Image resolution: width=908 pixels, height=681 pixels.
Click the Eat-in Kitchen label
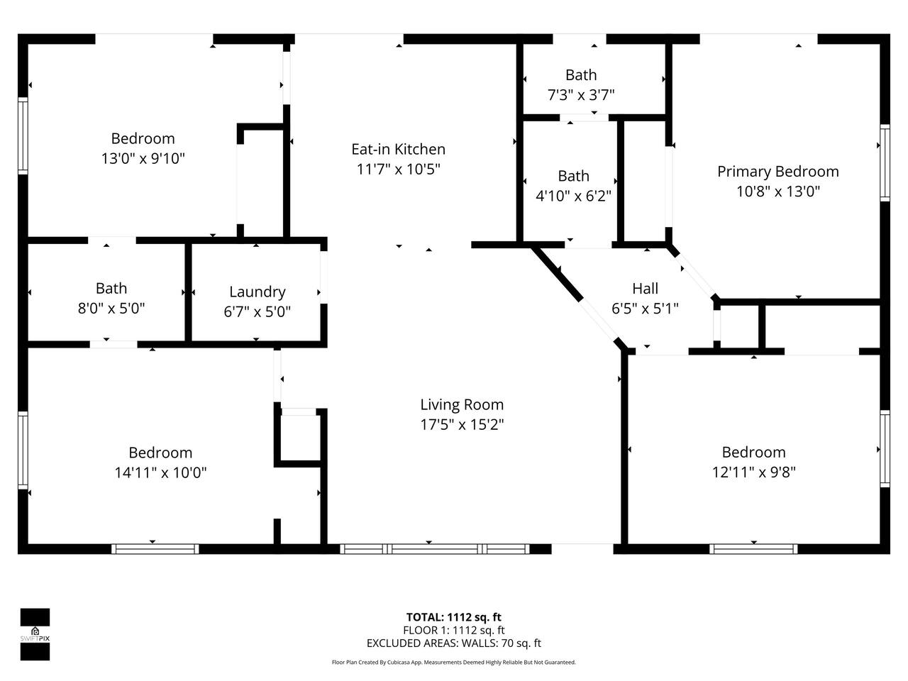pyautogui.click(x=398, y=149)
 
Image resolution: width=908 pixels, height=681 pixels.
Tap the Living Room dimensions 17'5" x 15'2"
pyautogui.click(x=462, y=425)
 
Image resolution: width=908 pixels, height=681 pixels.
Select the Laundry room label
pyautogui.click(x=258, y=292)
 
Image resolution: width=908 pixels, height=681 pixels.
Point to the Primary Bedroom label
pyautogui.click(x=777, y=172)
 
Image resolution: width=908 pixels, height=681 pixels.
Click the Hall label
pyautogui.click(x=645, y=289)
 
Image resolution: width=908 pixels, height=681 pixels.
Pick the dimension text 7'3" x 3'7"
pyautogui.click(x=581, y=95)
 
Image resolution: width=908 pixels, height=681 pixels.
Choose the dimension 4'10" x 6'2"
pyautogui.click(x=573, y=196)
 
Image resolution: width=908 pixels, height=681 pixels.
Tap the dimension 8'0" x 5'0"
pyautogui.click(x=111, y=309)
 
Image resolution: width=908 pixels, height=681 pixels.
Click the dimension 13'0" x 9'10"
pyautogui.click(x=143, y=158)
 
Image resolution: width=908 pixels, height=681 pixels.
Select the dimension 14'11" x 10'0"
pyautogui.click(x=160, y=472)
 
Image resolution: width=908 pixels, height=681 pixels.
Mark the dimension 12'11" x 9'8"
pyautogui.click(x=753, y=472)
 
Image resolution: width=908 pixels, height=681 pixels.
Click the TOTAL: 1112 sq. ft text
pyautogui.click(x=453, y=617)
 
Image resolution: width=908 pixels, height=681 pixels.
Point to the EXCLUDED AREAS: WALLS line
pyautogui.click(x=454, y=643)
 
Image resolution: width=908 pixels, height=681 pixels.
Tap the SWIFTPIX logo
pyautogui.click(x=35, y=634)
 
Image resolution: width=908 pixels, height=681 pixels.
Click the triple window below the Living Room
pyautogui.click(x=435, y=549)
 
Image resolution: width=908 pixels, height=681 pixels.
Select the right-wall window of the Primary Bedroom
pyautogui.click(x=885, y=163)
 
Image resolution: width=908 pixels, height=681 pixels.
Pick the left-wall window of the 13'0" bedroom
pyautogui.click(x=23, y=135)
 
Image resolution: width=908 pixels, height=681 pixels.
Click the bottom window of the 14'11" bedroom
pyautogui.click(x=155, y=549)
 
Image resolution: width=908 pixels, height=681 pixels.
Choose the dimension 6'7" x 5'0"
pyautogui.click(x=258, y=311)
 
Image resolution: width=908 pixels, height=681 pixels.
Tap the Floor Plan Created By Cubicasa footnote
pyautogui.click(x=454, y=663)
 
